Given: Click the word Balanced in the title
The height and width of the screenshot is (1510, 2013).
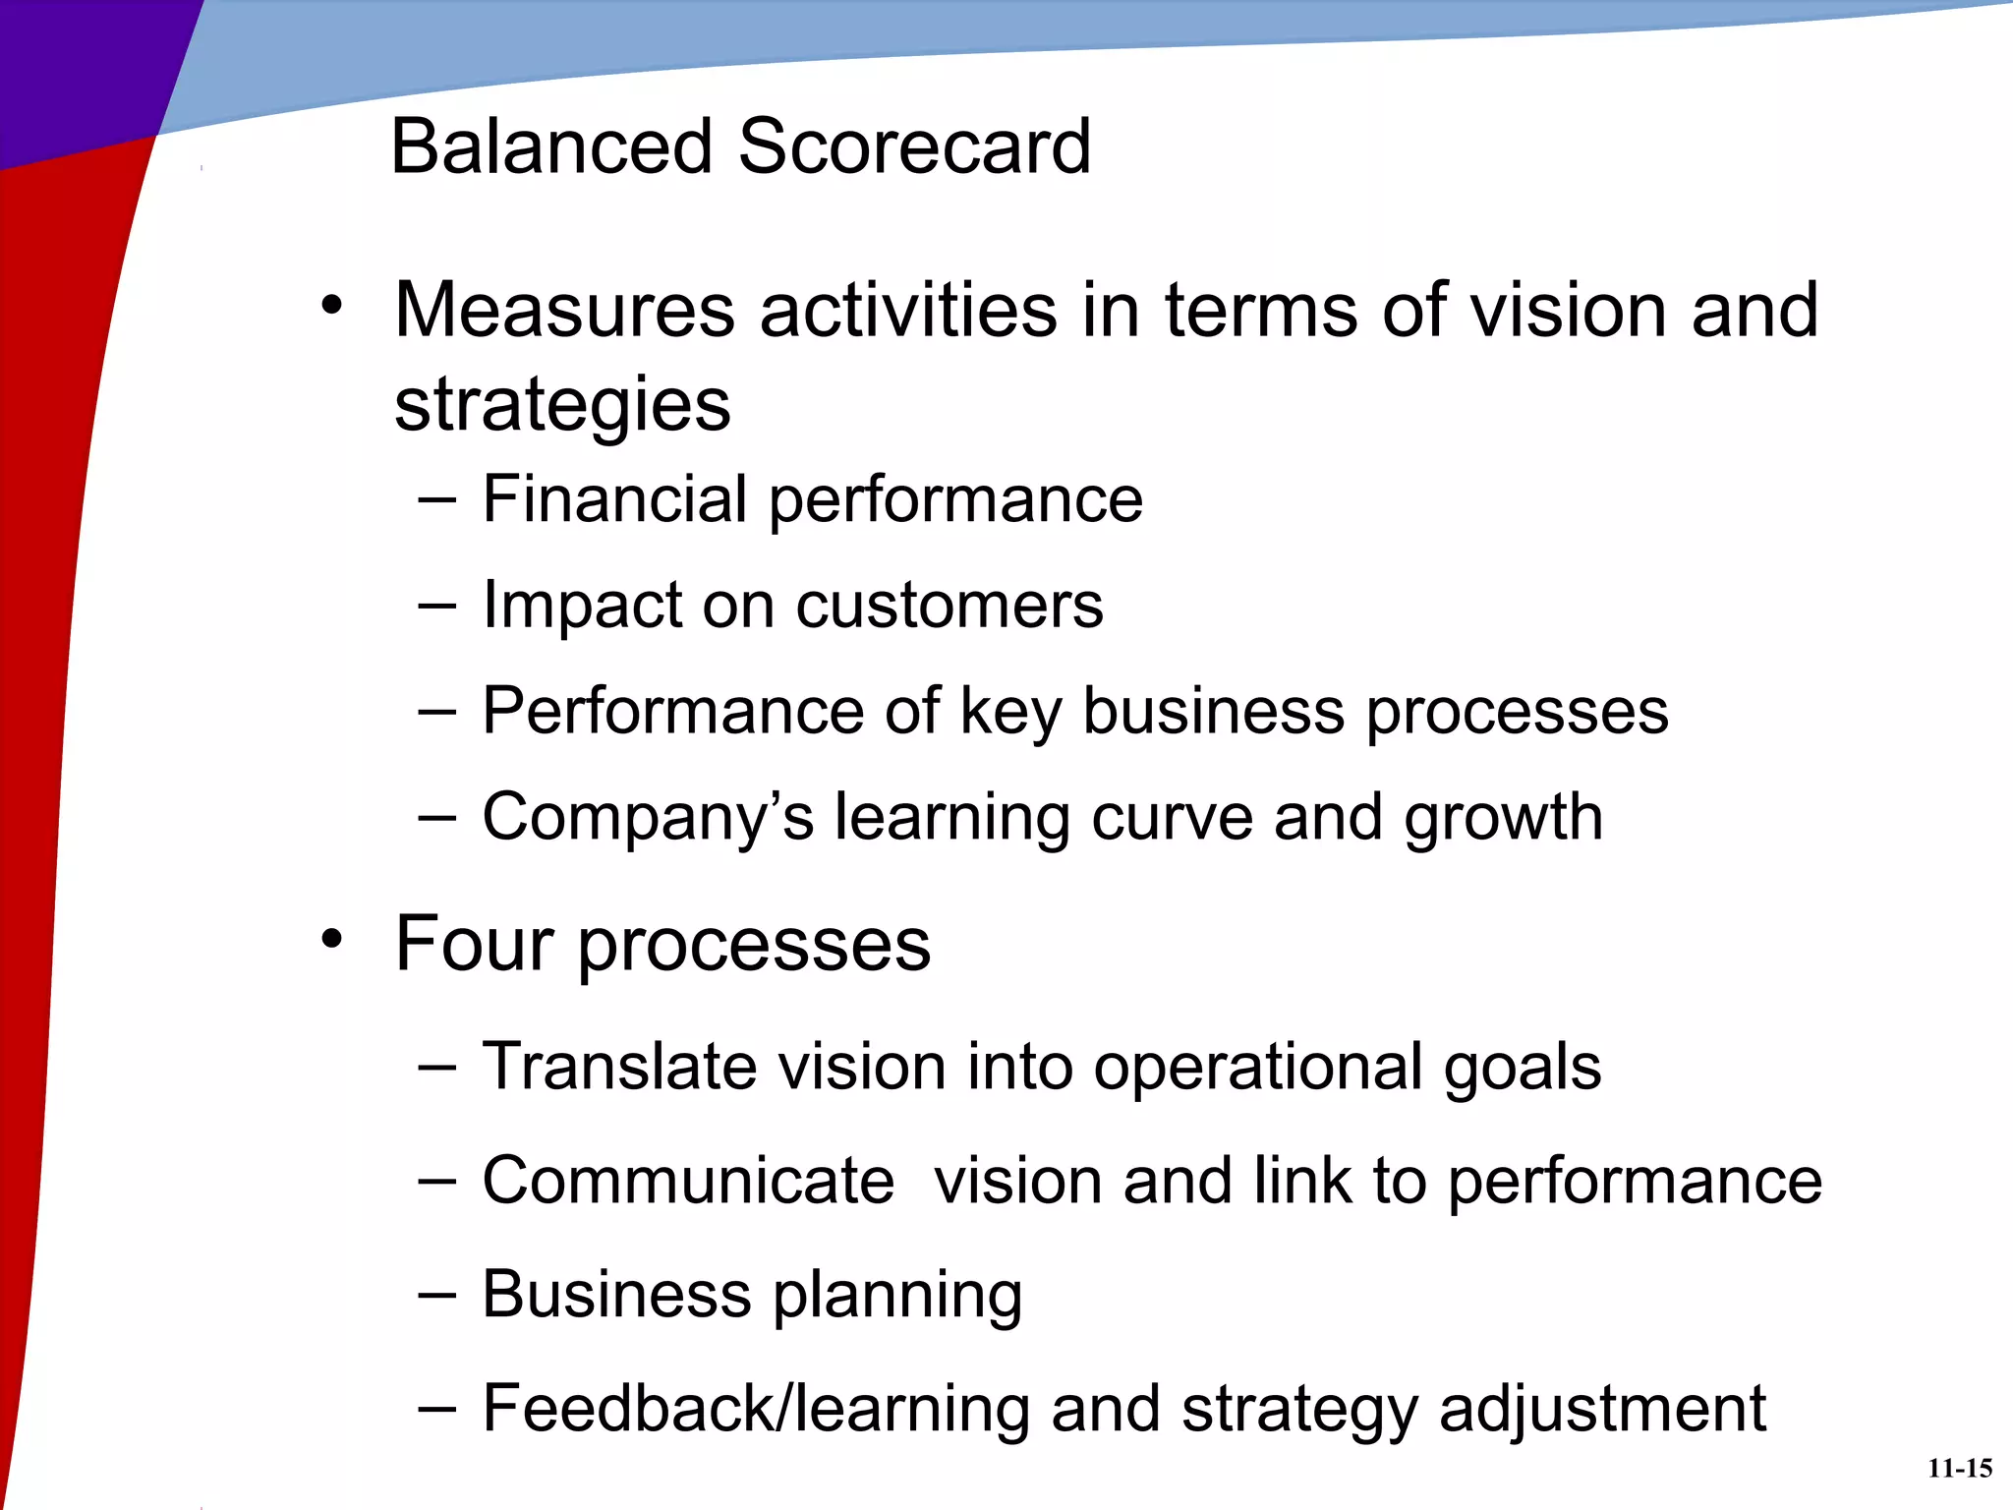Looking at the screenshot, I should [550, 147].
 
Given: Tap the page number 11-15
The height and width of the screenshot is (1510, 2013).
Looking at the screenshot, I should [1960, 1469].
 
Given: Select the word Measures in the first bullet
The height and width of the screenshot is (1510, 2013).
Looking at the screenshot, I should [564, 311].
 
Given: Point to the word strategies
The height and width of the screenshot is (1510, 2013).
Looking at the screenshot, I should [562, 405].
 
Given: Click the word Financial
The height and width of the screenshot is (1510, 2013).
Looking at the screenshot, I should [615, 499].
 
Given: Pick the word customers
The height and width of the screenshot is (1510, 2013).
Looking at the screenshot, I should [949, 606].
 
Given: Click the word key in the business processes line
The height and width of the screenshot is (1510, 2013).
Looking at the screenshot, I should [1010, 712].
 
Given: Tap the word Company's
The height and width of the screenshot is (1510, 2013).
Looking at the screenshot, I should [648, 818].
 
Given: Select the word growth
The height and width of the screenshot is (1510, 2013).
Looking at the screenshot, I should [1503, 818].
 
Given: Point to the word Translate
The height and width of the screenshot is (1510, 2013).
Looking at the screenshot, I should [619, 1067].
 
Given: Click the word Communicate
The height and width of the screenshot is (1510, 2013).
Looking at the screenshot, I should [688, 1181].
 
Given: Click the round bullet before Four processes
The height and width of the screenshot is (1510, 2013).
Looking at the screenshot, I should [332, 939].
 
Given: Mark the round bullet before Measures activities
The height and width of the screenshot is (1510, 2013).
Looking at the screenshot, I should [332, 306].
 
